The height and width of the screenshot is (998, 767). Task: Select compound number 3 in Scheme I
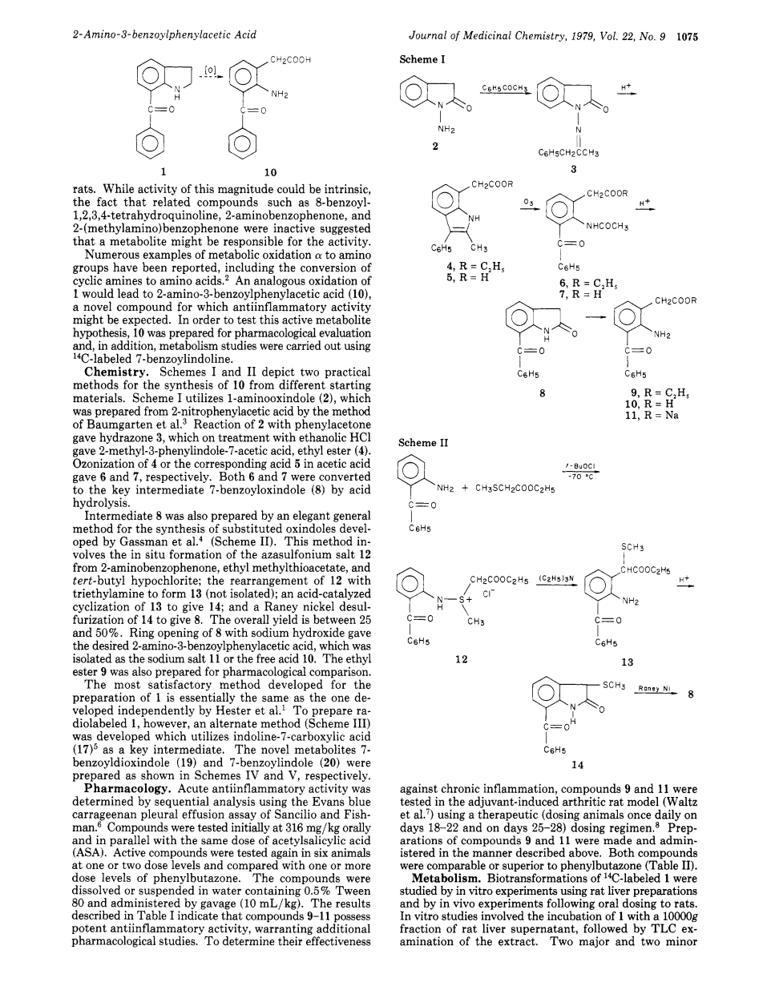(x=573, y=169)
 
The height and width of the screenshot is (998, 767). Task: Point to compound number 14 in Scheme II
(x=578, y=764)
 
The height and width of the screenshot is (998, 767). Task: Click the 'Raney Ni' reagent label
(x=653, y=687)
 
